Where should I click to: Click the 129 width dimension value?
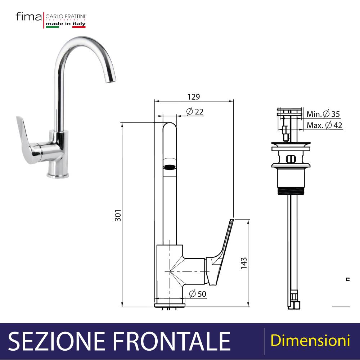[x=194, y=96]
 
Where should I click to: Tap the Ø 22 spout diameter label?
[x=195, y=112]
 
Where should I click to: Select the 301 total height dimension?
[x=118, y=215]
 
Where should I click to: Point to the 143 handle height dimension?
[x=244, y=263]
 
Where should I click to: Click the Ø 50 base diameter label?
[x=198, y=294]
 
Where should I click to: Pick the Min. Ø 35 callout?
[x=323, y=114]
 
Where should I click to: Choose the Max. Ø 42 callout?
[x=324, y=125]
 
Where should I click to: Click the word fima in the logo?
[x=28, y=17]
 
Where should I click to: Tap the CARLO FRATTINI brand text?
[x=66, y=16]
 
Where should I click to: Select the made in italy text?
[x=66, y=23]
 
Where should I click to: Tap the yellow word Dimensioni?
[x=310, y=340]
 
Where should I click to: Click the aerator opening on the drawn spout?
[x=170, y=167]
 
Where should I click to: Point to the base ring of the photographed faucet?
[x=58, y=175]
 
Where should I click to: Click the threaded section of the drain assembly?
[x=291, y=191]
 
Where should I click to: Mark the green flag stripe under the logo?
[x=52, y=27]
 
